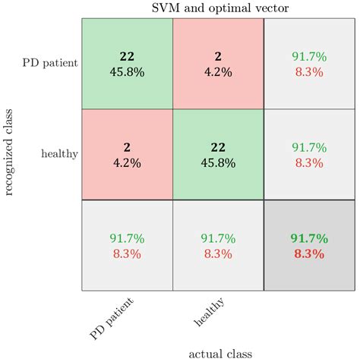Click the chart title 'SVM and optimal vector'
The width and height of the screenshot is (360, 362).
point(220,8)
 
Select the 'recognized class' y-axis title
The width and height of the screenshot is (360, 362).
point(8,153)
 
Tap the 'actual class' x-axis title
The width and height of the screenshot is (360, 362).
point(220,354)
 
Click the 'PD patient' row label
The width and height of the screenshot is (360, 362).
point(50,63)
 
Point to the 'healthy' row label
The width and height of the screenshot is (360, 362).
point(59,154)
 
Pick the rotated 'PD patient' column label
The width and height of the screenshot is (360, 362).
point(112,319)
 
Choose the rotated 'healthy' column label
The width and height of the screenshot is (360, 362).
point(209,312)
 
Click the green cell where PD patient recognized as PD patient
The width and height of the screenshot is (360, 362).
point(128,64)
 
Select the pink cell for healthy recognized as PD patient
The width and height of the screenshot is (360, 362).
point(218,64)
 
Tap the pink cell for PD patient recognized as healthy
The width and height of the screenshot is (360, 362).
point(128,155)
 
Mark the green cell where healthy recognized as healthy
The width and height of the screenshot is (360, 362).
point(218,155)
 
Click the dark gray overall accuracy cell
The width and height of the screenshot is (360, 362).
point(309,245)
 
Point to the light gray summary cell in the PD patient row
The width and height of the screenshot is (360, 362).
point(309,64)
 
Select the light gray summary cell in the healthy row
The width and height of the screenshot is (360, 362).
point(309,155)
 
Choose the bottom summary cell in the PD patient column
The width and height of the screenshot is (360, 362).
point(128,245)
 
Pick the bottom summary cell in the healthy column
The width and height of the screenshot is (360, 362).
point(218,245)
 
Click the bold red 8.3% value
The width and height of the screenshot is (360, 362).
point(309,253)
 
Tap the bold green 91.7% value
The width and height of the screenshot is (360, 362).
point(309,238)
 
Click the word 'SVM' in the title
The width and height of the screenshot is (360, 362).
point(166,8)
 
